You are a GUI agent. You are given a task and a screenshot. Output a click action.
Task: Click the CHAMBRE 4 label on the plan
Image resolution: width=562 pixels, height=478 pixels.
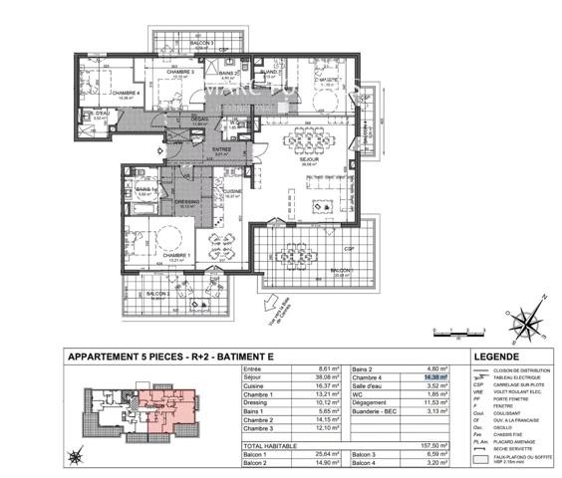tap(97, 93)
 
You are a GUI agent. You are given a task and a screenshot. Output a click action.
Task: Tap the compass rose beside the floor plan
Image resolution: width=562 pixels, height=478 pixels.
tap(524, 322)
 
